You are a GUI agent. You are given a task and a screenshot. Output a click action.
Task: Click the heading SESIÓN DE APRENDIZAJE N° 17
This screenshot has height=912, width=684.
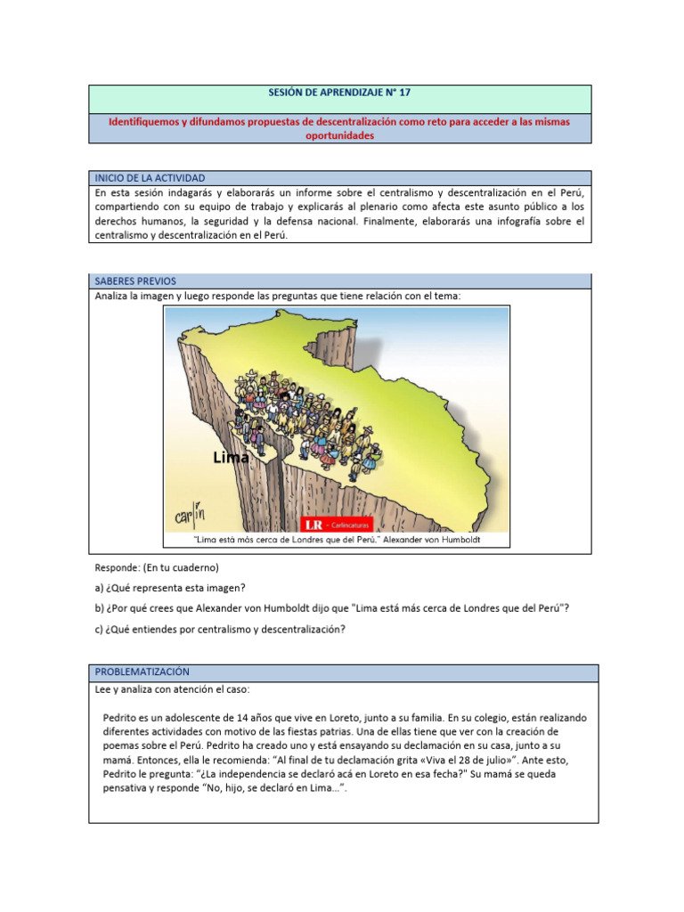(339, 93)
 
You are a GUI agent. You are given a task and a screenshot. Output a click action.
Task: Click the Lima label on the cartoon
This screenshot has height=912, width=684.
(231, 458)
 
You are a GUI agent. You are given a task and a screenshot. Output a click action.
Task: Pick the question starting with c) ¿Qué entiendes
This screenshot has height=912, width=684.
(219, 630)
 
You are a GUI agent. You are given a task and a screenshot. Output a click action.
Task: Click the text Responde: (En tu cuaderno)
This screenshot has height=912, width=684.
(157, 567)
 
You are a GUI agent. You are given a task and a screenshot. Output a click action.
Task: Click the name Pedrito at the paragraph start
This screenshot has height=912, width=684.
(122, 717)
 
